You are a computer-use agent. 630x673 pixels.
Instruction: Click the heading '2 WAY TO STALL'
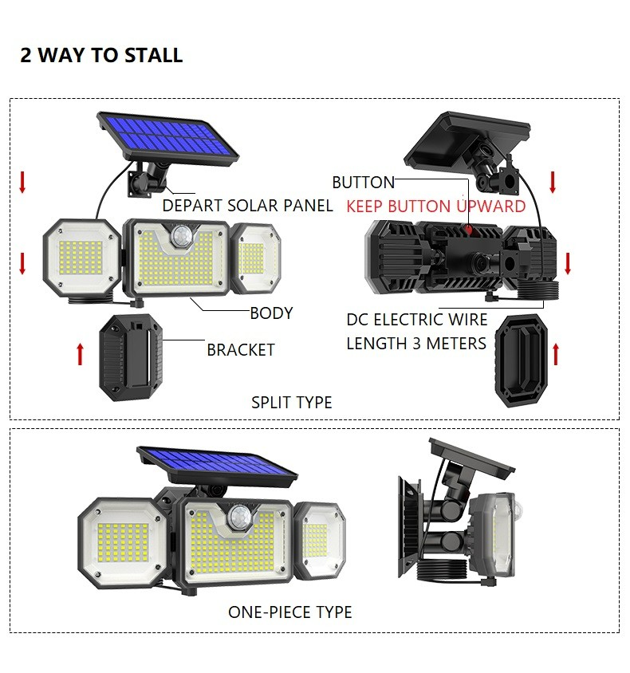click(x=101, y=55)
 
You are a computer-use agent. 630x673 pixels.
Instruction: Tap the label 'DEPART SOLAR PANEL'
click(x=247, y=206)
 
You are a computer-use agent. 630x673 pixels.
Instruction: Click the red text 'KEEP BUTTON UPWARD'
click(x=436, y=207)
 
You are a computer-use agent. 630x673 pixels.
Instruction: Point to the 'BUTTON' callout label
click(x=363, y=183)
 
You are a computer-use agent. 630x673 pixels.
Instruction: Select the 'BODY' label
click(x=271, y=313)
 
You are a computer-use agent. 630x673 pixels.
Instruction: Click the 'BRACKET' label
click(x=241, y=350)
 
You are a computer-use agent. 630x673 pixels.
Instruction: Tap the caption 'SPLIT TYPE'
click(x=291, y=403)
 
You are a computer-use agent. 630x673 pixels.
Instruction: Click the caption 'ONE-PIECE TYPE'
click(x=290, y=612)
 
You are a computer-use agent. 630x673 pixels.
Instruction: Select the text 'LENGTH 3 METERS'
click(x=416, y=344)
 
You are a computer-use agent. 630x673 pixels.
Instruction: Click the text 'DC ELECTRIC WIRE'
click(x=417, y=320)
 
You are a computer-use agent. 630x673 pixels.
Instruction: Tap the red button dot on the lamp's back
click(x=469, y=230)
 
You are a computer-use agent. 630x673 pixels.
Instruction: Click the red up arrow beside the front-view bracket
click(x=80, y=354)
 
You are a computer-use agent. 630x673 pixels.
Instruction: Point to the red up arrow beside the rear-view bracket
click(x=556, y=354)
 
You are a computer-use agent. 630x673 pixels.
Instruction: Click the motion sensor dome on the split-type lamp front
click(x=181, y=235)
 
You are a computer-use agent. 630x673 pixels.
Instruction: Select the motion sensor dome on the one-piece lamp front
click(x=238, y=516)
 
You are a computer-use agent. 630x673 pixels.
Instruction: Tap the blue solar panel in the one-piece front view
click(x=217, y=466)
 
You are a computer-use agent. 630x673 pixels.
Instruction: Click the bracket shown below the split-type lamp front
click(x=131, y=357)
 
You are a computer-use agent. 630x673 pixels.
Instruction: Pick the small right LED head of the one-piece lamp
click(x=320, y=541)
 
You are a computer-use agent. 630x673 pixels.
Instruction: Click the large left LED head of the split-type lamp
click(x=81, y=258)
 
